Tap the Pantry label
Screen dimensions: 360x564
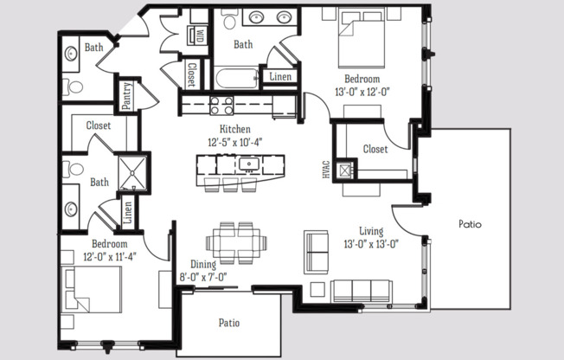pos(127,96)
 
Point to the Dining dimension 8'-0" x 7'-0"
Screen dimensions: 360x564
pos(204,277)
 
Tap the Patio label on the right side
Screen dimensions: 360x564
pos(470,223)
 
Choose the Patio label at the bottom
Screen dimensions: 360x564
pos(228,323)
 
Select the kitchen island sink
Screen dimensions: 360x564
pos(249,163)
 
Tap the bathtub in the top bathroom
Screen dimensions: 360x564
pos(236,79)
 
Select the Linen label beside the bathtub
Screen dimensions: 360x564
pos(281,77)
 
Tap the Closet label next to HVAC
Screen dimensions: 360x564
pos(374,149)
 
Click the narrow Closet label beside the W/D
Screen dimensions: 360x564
pos(191,74)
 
